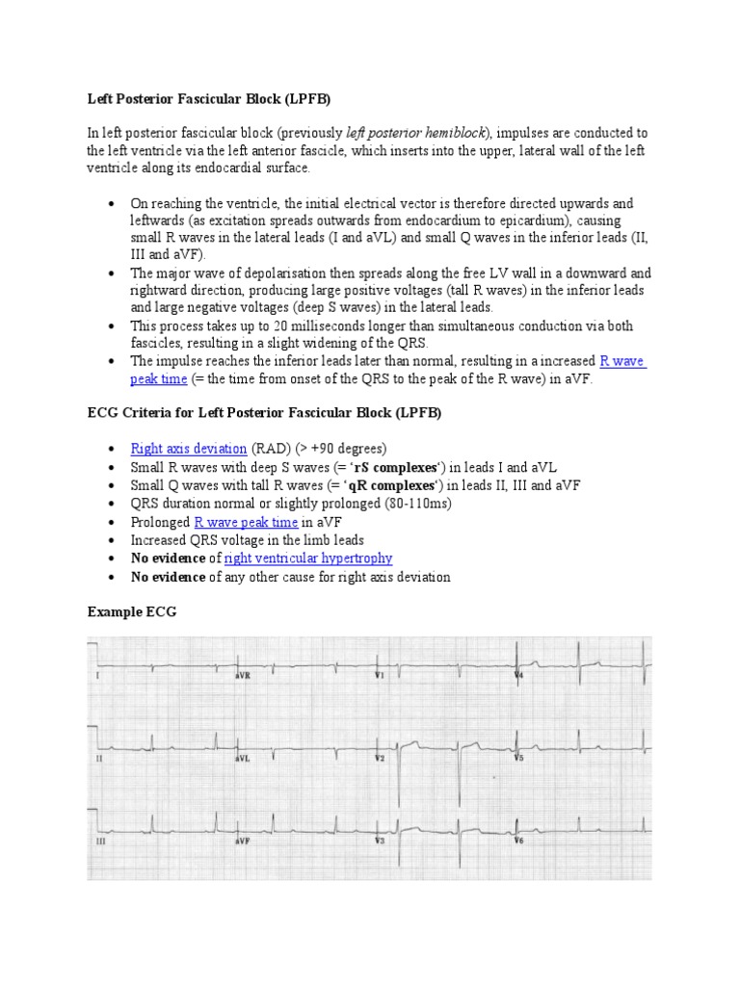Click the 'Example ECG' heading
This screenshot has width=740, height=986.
click(132, 611)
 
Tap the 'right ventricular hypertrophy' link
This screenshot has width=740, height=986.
click(307, 558)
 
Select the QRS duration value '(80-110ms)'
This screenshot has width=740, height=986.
click(418, 504)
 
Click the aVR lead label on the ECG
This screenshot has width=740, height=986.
click(243, 676)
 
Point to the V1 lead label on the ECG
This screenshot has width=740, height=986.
click(380, 676)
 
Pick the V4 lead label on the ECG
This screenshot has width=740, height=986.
click(518, 676)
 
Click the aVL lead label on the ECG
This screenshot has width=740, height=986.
click(243, 759)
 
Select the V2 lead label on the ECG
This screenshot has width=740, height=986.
click(380, 759)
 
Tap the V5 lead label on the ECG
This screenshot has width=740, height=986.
click(518, 759)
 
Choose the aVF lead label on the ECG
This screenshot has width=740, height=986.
click(243, 841)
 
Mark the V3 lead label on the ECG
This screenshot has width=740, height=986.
click(380, 841)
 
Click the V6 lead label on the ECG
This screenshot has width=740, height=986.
click(518, 841)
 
